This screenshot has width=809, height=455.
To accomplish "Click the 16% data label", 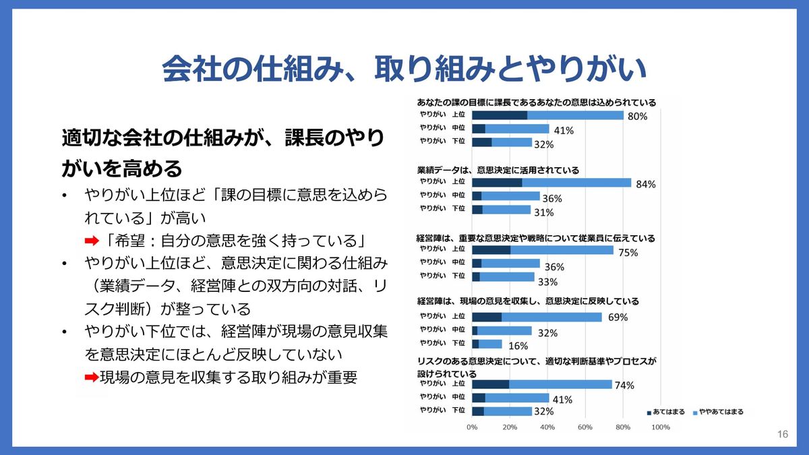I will (x=517, y=346).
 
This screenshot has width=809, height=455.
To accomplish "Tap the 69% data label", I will (x=618, y=317).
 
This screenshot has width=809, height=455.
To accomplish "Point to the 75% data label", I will (x=628, y=253).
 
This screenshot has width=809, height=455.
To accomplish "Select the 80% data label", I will (x=637, y=117).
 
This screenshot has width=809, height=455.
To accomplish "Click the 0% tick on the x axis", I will (x=472, y=427).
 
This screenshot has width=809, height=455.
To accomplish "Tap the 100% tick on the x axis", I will (x=660, y=427).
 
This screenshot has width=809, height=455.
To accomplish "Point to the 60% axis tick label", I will (x=585, y=427).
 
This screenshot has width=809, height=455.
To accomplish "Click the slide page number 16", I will (x=782, y=434).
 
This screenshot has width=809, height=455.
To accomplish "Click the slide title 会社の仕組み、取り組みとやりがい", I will (x=404, y=69).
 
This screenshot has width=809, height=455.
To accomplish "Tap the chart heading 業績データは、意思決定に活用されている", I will (x=498, y=171).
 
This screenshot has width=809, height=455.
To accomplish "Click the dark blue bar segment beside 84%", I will (x=497, y=183).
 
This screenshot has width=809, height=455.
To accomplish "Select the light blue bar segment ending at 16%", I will (x=490, y=344).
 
